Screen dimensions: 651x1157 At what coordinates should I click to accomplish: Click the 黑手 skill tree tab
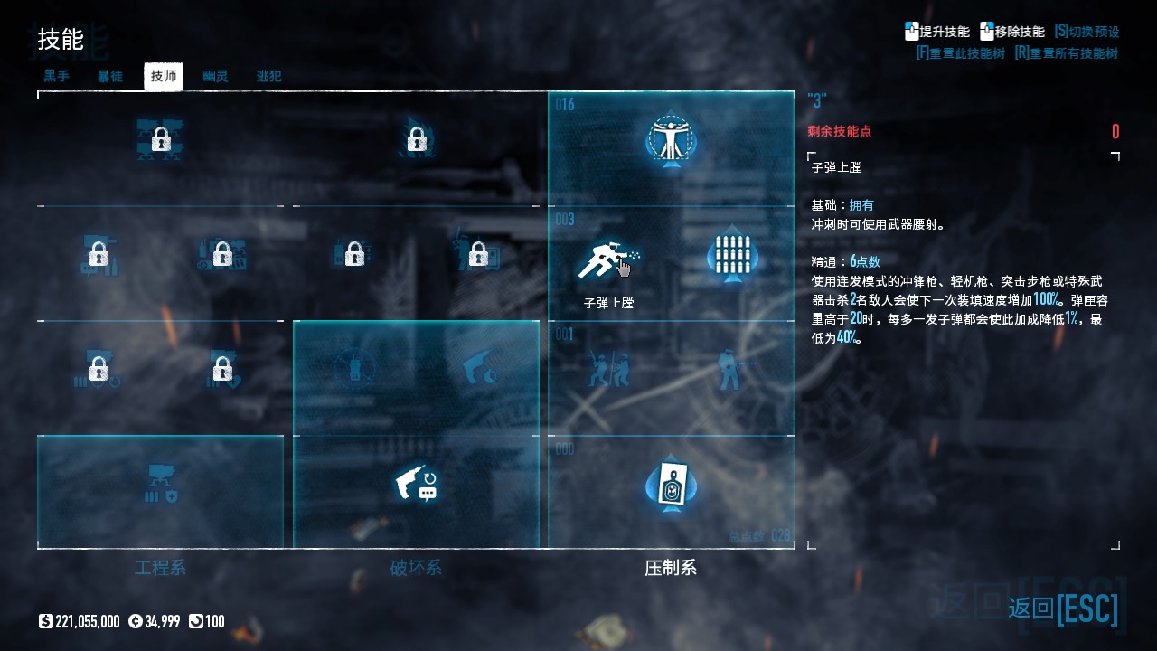pos(57,76)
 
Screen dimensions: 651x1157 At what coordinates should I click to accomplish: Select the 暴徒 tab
pos(110,76)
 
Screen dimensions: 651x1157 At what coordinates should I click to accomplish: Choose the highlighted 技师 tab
pos(164,77)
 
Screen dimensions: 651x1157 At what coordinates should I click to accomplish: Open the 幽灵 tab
pos(215,76)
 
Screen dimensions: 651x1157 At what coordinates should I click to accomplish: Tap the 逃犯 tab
pos(268,76)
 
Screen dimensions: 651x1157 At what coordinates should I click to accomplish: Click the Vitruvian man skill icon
pos(671,140)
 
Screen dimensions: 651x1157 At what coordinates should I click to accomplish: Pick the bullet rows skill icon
pos(733,256)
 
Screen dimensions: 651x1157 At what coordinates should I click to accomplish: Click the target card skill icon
pos(671,486)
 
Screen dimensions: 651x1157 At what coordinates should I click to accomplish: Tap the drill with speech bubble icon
pos(416,486)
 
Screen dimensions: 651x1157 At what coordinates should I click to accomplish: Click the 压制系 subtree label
pos(671,568)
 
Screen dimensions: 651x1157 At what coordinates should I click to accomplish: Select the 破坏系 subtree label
pos(416,568)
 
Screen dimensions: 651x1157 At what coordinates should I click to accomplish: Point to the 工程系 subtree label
pos(160,568)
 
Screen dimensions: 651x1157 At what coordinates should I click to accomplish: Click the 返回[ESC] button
pos(1063,609)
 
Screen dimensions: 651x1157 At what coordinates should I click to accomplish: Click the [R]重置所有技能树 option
pos(1067,53)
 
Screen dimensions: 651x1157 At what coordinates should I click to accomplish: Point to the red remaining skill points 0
pos(1115,132)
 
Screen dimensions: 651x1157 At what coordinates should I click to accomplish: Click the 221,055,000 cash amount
pos(87,621)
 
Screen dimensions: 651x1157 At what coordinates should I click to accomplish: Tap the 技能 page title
pos(61,40)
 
